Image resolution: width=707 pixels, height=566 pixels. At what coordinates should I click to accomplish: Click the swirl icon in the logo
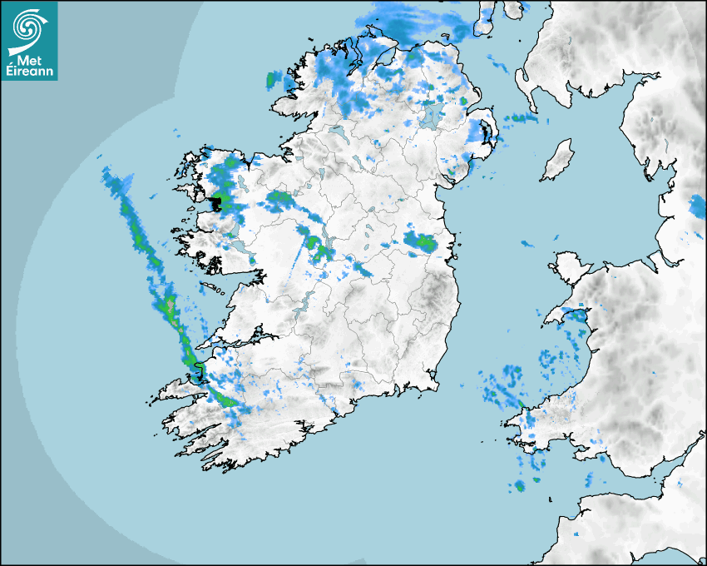click(x=27, y=27)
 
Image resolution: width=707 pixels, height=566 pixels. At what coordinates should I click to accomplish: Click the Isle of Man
click(x=558, y=160)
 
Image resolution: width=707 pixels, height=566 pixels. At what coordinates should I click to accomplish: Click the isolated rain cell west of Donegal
click(x=270, y=81)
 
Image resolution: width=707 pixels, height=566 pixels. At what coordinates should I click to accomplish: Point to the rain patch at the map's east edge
click(x=698, y=206)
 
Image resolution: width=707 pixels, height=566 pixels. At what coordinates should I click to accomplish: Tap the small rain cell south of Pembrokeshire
click(x=520, y=485)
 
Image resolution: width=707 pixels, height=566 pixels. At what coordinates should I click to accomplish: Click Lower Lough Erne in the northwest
click(x=337, y=132)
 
